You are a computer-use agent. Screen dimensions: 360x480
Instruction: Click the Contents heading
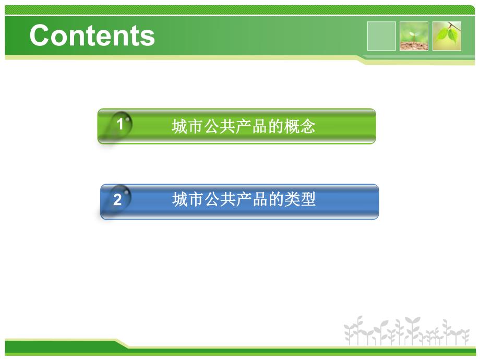click(92, 36)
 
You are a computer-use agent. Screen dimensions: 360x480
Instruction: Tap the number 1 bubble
click(121, 125)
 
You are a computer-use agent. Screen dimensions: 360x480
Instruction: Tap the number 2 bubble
click(117, 199)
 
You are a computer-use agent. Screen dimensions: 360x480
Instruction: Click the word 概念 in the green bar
click(300, 127)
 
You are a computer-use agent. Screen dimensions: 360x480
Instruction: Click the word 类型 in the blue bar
click(301, 199)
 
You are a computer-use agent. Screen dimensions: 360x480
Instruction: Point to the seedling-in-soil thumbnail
click(414, 36)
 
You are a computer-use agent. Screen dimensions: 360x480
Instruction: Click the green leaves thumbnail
click(447, 36)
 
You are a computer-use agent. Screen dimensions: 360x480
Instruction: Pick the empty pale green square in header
click(381, 36)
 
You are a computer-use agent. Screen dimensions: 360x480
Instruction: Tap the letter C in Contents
click(41, 36)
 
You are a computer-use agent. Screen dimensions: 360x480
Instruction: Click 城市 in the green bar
click(187, 127)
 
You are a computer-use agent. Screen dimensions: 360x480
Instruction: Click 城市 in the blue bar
click(187, 199)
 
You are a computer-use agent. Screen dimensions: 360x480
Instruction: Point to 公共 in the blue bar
click(220, 199)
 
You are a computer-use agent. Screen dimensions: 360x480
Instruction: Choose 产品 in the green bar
click(252, 127)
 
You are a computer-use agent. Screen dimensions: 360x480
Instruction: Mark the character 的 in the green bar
click(276, 127)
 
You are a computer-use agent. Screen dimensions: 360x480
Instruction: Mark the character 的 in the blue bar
click(276, 199)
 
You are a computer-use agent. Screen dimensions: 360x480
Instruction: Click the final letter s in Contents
click(148, 37)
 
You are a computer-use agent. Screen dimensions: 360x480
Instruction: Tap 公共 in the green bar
click(220, 127)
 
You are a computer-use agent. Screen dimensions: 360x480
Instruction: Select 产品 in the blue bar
click(252, 199)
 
